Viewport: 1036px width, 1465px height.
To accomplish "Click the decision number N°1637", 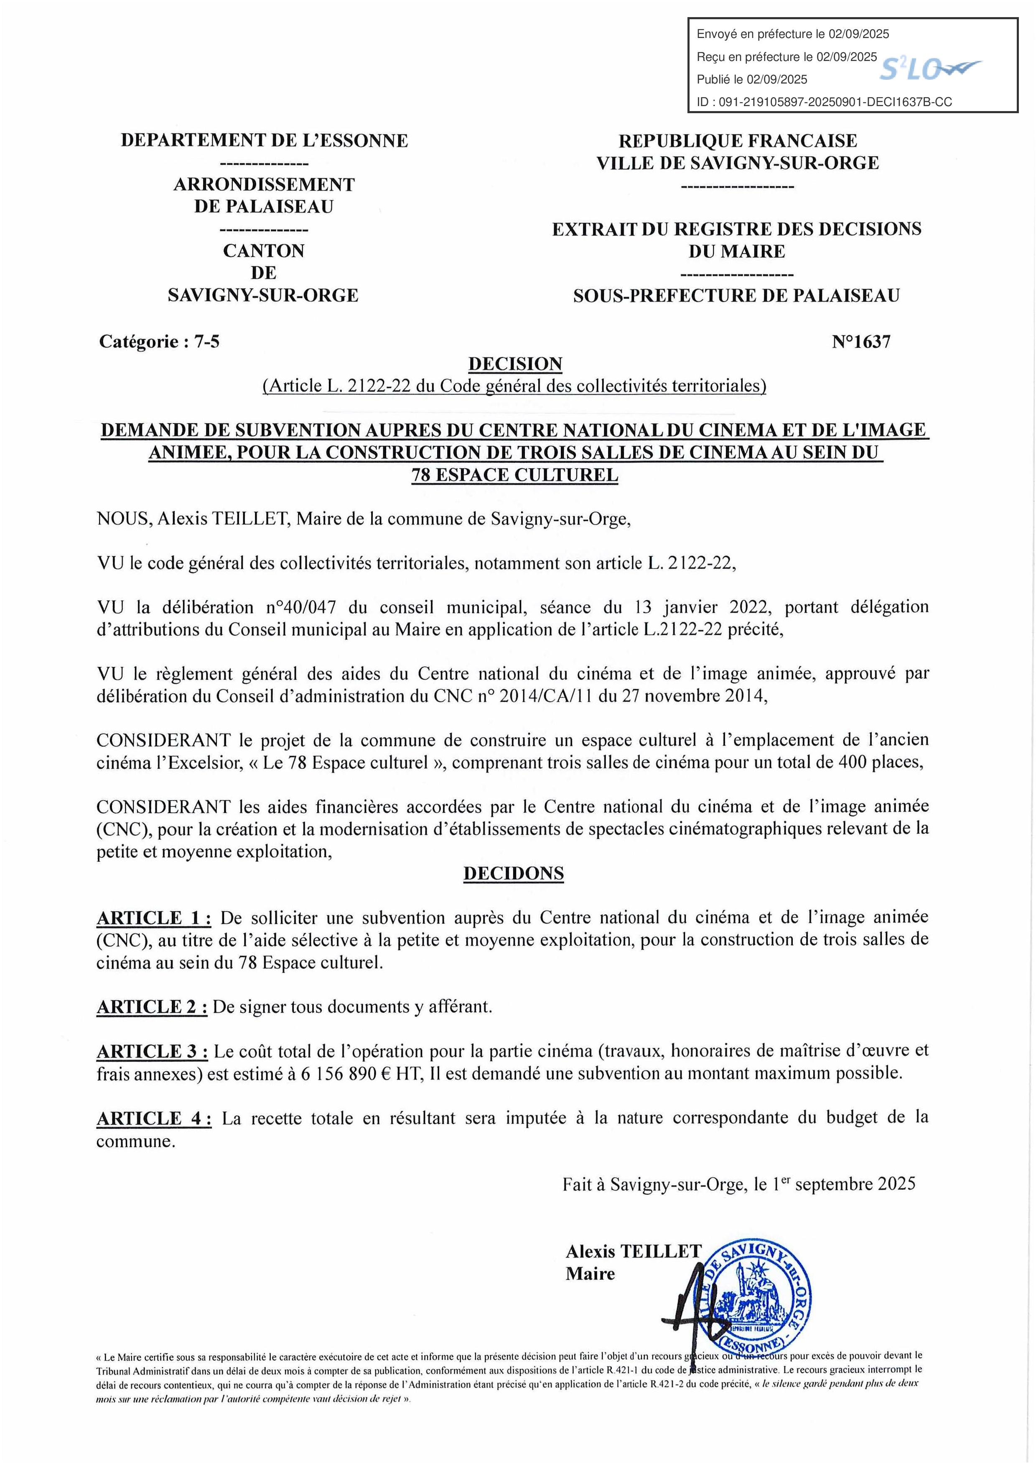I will (860, 342).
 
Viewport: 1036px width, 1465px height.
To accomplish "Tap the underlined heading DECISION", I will (515, 364).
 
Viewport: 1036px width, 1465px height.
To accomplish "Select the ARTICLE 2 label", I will (152, 1007).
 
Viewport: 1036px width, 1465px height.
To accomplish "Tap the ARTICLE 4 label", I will (154, 1118).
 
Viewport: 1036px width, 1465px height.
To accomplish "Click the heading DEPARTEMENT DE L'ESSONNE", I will (264, 140).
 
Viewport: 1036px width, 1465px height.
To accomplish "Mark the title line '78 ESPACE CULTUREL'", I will (515, 475).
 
